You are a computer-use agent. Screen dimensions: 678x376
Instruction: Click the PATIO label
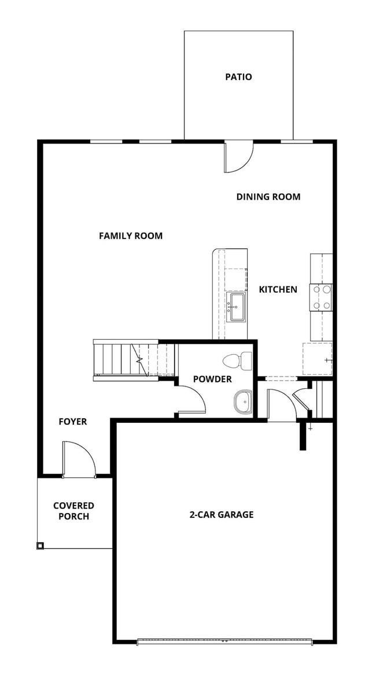pyautogui.click(x=238, y=76)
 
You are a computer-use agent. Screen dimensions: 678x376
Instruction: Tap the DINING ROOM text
pyautogui.click(x=268, y=197)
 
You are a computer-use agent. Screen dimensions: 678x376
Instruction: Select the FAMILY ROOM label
pyautogui.click(x=130, y=235)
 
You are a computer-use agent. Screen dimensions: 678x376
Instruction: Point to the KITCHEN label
pyautogui.click(x=278, y=289)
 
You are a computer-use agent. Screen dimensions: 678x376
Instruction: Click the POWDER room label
pyautogui.click(x=212, y=379)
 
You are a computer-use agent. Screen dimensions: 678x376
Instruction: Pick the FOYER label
pyautogui.click(x=72, y=422)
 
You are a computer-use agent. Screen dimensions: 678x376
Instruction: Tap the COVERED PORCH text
pyautogui.click(x=73, y=511)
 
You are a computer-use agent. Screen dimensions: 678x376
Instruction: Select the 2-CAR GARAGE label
pyautogui.click(x=221, y=514)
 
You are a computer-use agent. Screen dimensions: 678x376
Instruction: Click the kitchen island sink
pyautogui.click(x=237, y=306)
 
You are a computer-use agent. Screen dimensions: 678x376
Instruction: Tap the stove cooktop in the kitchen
pyautogui.click(x=321, y=297)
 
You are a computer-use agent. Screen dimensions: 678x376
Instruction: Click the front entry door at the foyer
pyautogui.click(x=79, y=460)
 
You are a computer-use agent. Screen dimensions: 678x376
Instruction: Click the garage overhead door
pyautogui.click(x=224, y=641)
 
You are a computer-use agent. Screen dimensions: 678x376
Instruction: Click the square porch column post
pyautogui.click(x=40, y=545)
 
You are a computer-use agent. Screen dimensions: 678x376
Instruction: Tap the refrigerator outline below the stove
pyautogui.click(x=318, y=359)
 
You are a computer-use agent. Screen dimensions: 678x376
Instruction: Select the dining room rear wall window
pyautogui.click(x=296, y=141)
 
